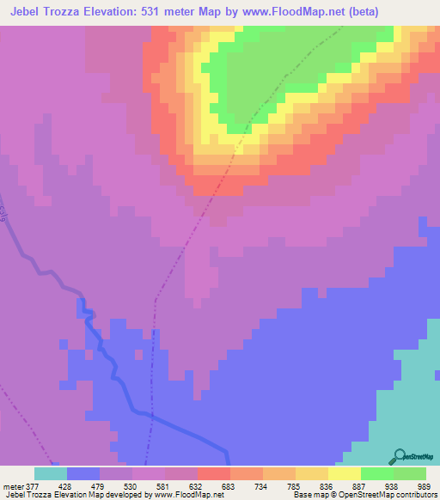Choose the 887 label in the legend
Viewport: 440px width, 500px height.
tap(361, 486)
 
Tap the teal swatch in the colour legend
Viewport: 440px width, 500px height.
tap(51, 473)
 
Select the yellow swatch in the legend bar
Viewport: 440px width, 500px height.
tap(345, 473)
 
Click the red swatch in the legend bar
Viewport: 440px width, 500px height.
tap(214, 473)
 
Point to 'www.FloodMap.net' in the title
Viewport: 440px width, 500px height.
tap(275, 10)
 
